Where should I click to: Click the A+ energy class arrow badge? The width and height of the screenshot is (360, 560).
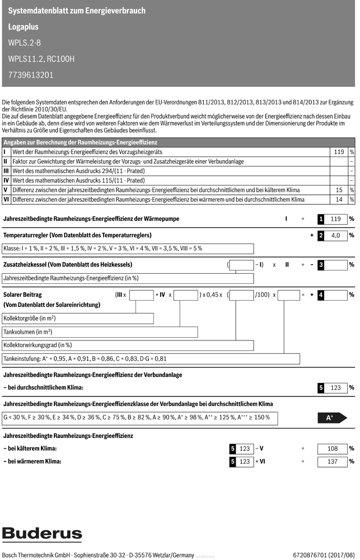(x=332, y=418)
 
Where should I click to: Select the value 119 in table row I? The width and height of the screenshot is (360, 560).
(x=338, y=152)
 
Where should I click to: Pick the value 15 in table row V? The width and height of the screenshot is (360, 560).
(x=339, y=190)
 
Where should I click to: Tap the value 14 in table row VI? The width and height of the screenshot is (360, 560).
(x=339, y=199)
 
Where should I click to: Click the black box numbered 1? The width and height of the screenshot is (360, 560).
(x=321, y=219)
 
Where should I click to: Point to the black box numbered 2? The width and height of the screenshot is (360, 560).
(x=321, y=236)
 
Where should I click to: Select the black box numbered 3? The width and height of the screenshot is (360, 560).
(x=321, y=265)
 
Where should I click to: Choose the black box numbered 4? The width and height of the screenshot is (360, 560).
(x=321, y=295)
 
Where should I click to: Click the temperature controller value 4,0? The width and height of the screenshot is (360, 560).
(x=336, y=236)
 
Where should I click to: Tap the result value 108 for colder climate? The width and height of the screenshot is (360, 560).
(x=333, y=449)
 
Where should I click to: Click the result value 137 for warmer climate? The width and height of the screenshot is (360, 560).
(x=333, y=462)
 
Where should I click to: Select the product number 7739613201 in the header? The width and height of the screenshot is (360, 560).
(x=31, y=74)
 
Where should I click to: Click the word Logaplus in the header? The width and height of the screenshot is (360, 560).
(x=24, y=27)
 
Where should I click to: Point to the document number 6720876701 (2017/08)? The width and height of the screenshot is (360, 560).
(x=324, y=554)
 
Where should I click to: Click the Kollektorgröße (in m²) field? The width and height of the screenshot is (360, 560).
(x=78, y=319)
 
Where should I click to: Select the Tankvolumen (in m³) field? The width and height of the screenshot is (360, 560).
(x=78, y=332)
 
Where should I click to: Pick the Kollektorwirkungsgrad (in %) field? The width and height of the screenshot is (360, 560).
(x=78, y=346)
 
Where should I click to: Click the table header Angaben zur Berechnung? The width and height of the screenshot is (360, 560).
(x=80, y=143)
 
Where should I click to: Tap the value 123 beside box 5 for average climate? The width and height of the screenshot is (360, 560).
(x=336, y=388)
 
